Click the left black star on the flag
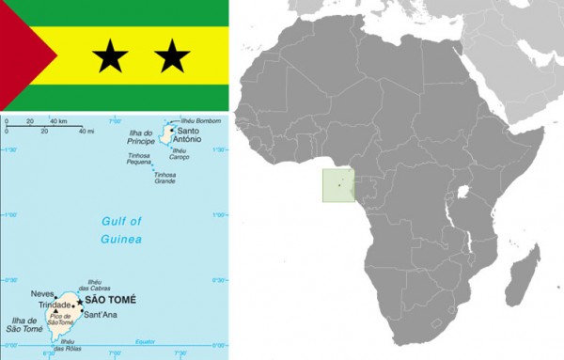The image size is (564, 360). coord(112,60)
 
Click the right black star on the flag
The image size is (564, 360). coord(172,60)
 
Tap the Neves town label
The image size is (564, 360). coord(43,294)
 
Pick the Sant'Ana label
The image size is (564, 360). coord(100,314)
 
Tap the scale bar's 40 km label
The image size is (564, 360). coord(59,122)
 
